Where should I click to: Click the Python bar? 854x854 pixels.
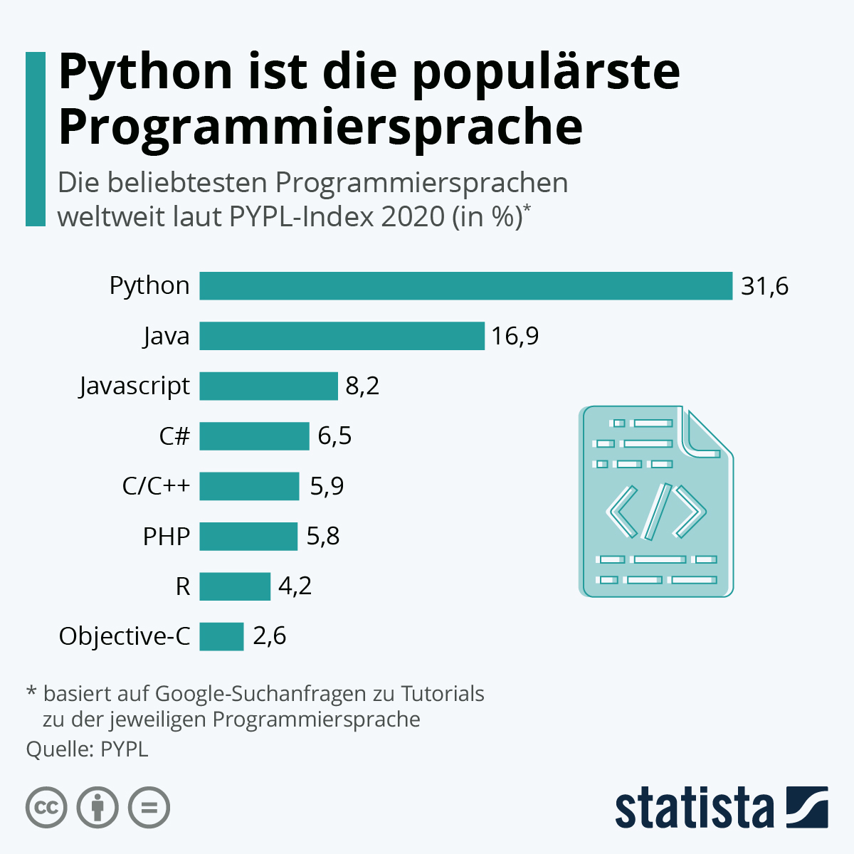465,286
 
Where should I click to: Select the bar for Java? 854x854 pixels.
342,336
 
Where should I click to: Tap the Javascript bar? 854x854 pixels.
268,386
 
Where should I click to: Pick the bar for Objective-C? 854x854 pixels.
221,636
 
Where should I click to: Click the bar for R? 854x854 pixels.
235,586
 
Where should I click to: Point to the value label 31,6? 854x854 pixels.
764,286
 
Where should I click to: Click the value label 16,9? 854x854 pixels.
515,336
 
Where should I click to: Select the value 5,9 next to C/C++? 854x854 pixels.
327,486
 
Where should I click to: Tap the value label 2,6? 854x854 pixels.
270,636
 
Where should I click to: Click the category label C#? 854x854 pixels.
174,436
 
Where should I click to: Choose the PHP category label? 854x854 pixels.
167,537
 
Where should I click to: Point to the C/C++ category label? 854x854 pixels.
157,486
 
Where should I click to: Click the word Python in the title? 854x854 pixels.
145,71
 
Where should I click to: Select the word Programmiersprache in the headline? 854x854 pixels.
320,127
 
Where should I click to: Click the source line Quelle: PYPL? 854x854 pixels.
87,749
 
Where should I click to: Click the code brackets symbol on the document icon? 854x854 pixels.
655,511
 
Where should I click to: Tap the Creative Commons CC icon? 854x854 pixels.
46,808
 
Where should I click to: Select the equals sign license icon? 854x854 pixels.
149,808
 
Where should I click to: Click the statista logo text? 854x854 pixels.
694,808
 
